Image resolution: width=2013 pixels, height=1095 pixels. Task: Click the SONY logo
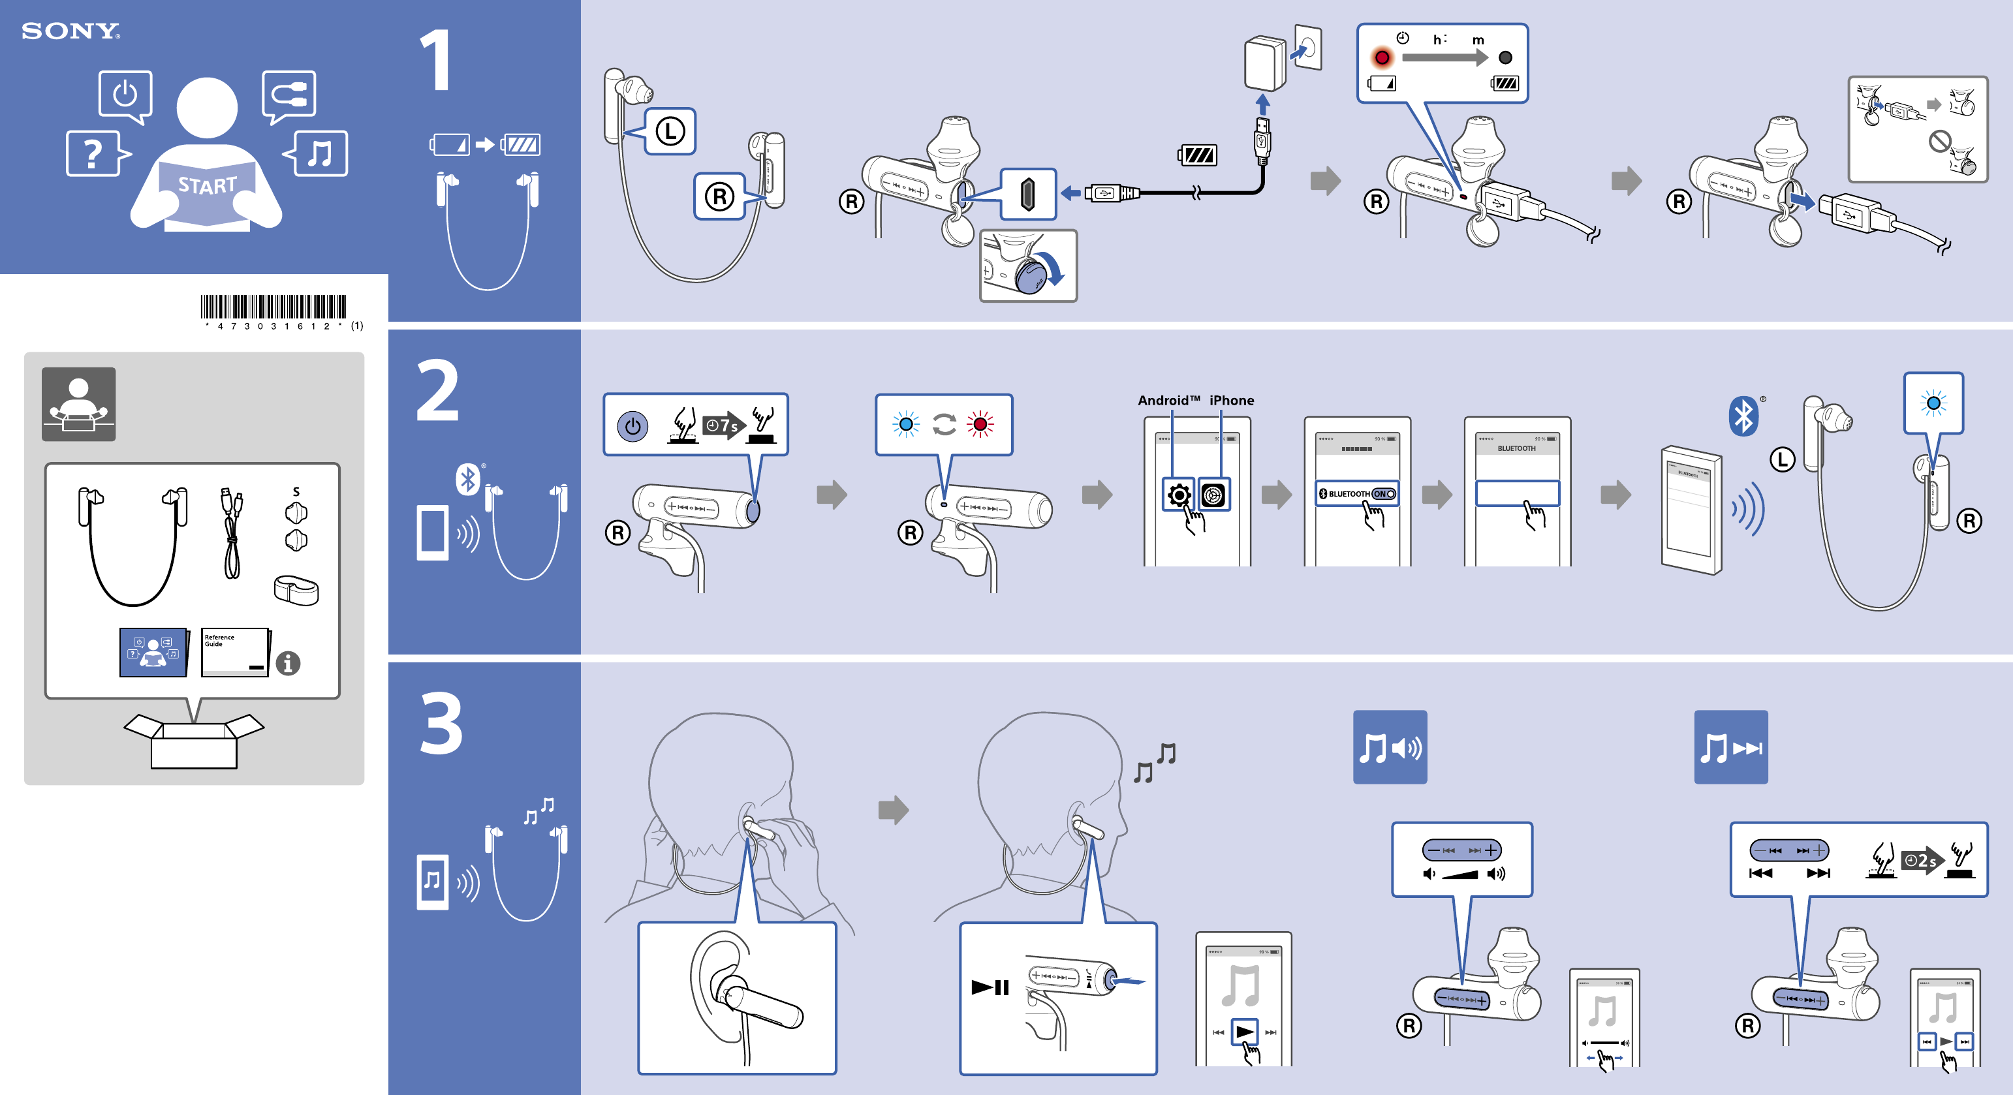(70, 31)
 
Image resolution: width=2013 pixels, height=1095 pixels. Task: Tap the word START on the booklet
(207, 185)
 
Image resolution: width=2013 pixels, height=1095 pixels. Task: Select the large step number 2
(437, 390)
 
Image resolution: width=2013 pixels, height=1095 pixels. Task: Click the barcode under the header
(273, 307)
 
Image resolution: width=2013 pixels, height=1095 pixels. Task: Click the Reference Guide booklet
(234, 651)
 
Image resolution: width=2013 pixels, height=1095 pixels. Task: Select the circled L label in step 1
(670, 131)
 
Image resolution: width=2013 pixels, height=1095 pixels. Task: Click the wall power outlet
(1308, 48)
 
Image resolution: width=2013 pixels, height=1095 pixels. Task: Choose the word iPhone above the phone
(1232, 401)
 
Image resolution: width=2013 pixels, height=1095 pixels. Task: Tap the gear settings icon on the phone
(1178, 495)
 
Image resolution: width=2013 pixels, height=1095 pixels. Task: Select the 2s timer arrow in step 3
(1922, 861)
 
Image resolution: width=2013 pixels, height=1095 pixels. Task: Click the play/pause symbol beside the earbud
(990, 988)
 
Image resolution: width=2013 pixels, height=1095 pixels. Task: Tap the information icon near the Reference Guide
(288, 663)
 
